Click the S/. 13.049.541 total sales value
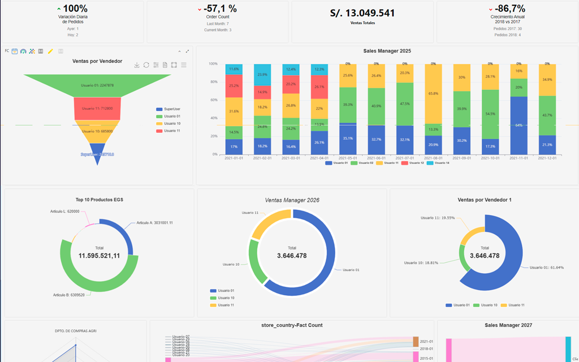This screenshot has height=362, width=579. click(362, 13)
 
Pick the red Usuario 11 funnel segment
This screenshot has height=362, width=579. click(97, 108)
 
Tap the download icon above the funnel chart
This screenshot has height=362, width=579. click(137, 65)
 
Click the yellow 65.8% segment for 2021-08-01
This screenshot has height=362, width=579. click(433, 93)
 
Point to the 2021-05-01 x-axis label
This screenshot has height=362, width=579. click(348, 159)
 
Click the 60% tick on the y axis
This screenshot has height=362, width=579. click(213, 100)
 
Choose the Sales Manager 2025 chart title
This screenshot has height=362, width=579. click(387, 51)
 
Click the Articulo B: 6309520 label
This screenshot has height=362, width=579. click(69, 295)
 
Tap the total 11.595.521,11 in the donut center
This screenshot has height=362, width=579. click(99, 256)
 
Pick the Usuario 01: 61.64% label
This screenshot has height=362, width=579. click(546, 268)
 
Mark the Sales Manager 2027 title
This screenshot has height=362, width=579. click(507, 325)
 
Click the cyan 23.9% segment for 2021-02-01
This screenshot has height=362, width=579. click(262, 74)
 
